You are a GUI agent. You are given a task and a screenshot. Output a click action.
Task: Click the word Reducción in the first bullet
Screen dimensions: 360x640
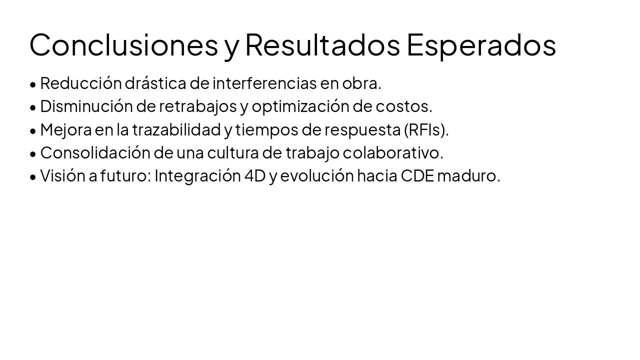[80, 83]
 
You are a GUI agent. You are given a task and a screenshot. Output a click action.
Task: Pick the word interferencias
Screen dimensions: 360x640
[264, 83]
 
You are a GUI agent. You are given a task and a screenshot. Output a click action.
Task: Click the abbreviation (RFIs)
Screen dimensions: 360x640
[426, 129]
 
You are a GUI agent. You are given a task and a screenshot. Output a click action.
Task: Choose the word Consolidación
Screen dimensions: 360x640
[95, 152]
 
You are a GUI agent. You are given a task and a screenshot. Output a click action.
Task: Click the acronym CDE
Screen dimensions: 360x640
[417, 175]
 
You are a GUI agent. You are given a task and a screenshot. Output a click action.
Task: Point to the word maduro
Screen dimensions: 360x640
[468, 175]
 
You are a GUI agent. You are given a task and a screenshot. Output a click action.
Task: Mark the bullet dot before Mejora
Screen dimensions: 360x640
[33, 130]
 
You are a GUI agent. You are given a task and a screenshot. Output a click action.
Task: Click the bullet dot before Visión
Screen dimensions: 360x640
[33, 176]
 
